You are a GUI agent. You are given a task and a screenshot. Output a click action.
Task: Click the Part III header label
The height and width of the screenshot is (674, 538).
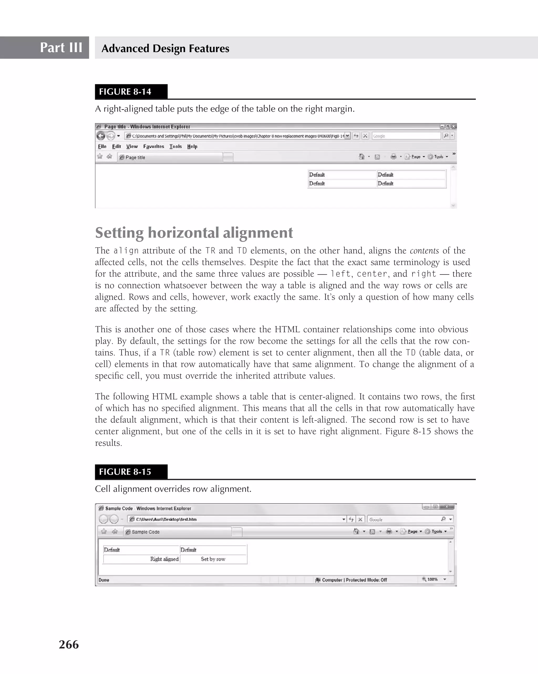point(61,48)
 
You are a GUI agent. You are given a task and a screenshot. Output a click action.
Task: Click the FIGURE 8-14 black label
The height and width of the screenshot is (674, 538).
point(125,92)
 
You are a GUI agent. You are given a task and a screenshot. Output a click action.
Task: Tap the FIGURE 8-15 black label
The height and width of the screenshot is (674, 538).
point(125,472)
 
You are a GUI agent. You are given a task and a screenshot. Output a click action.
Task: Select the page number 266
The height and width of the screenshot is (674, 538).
point(69,645)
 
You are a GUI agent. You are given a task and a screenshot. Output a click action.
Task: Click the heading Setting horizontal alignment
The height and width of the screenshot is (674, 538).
point(194,232)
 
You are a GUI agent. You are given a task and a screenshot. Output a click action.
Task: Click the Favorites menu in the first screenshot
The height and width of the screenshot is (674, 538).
point(153,146)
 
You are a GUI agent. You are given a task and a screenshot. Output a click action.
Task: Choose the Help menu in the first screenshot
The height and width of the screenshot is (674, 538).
point(192,146)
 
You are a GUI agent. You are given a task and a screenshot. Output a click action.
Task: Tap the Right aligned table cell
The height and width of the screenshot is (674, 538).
point(164,559)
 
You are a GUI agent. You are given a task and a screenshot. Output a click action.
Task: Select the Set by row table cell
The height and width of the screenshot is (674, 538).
point(213,559)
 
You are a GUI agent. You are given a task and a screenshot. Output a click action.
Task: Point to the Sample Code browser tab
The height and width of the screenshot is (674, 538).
point(146,532)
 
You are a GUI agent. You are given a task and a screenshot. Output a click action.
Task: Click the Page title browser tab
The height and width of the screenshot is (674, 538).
point(135,157)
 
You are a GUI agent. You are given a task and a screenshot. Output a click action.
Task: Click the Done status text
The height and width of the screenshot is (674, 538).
point(104,580)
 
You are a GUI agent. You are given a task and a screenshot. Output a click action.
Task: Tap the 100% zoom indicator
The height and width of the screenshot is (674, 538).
point(432,579)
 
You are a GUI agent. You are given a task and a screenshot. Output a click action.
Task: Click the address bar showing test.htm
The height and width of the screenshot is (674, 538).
point(235,519)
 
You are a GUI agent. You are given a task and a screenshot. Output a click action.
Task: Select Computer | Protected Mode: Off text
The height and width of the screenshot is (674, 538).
point(354,580)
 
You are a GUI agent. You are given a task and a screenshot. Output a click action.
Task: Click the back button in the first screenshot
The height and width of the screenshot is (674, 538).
point(101,136)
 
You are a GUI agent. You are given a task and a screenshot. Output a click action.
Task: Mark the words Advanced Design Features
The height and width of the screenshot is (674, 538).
point(165,48)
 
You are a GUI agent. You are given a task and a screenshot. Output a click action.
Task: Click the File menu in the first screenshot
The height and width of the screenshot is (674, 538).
point(102,146)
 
